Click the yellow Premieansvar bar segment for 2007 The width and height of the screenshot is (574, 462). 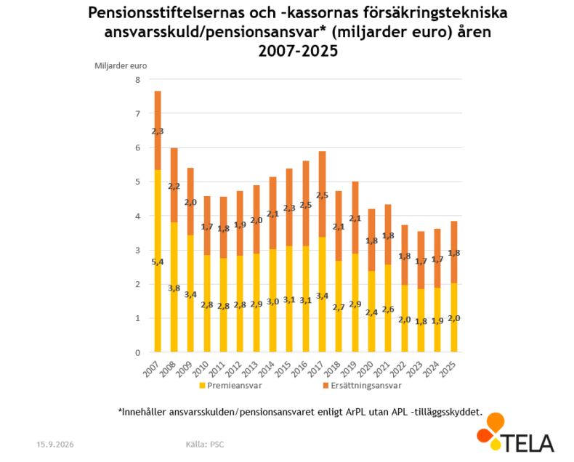pos(158,261)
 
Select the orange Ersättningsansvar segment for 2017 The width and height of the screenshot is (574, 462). pos(322,194)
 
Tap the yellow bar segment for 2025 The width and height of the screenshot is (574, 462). pos(454,317)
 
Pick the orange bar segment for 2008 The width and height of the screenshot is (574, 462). pos(174,185)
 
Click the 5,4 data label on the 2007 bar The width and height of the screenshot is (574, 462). pos(158,262)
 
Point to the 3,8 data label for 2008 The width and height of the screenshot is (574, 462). pos(174,288)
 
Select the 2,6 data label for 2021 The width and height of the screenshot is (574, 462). pos(388,309)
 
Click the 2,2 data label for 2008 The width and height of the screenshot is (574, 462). pos(174,187)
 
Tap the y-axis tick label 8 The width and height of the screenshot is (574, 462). pos(137,79)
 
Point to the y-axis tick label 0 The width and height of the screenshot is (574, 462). pos(137,352)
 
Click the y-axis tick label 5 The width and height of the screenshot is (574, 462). pos(137,182)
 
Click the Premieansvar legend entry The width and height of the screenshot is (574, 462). pos(230,386)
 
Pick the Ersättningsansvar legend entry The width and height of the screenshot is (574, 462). pos(363,386)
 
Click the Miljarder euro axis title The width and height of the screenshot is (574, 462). pos(121,66)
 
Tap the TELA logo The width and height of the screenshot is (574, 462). pos(515,433)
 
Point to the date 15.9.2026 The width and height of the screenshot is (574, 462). pos(55,445)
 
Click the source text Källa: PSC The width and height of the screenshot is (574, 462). pos(205,445)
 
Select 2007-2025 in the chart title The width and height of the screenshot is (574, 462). pos(298,51)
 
